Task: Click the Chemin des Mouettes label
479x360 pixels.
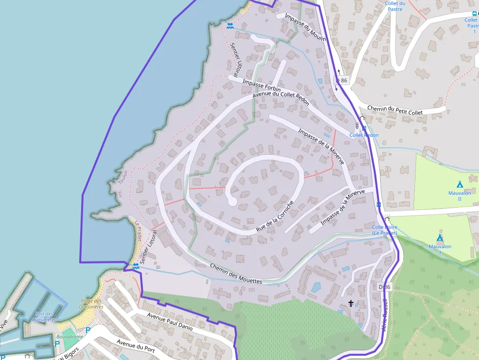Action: (x=236, y=274)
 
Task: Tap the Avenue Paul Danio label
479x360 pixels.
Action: (x=170, y=322)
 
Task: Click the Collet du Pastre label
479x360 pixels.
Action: (x=395, y=6)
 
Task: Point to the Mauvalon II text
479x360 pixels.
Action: (x=459, y=195)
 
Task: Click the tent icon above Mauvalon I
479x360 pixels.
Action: (x=439, y=237)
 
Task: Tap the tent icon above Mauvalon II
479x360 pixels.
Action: (x=459, y=184)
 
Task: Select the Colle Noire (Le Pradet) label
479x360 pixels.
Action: (x=385, y=230)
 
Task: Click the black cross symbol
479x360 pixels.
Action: (x=350, y=303)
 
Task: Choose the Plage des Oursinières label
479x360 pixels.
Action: (x=92, y=304)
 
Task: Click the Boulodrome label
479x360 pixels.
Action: (x=69, y=337)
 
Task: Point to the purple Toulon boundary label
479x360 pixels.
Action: (x=125, y=175)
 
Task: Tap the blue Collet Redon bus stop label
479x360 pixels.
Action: (x=364, y=135)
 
